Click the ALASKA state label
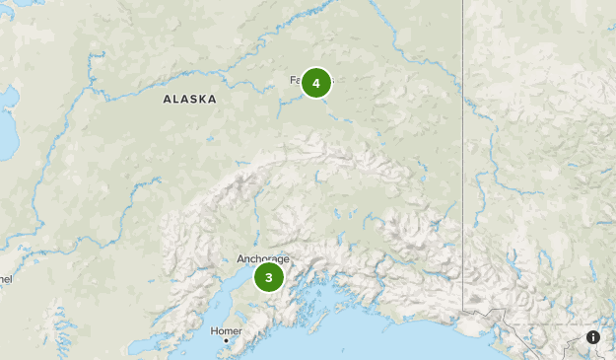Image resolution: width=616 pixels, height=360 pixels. (190, 100)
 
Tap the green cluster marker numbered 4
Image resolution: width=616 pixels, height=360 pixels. (316, 84)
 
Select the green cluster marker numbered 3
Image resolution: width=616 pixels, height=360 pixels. (268, 277)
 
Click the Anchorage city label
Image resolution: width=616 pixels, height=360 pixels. (262, 259)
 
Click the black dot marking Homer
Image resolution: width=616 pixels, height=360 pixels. (226, 341)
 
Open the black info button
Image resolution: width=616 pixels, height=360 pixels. (593, 337)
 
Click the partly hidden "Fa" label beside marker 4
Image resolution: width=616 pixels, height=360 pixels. (296, 80)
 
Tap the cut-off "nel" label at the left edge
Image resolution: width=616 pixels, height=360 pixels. (5, 279)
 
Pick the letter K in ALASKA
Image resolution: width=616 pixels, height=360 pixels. (204, 100)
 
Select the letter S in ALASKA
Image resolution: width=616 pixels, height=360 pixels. (193, 100)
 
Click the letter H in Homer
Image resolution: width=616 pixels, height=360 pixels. (214, 330)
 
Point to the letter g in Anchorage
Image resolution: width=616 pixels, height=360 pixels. (281, 260)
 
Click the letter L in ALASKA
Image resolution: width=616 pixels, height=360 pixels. (175, 100)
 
